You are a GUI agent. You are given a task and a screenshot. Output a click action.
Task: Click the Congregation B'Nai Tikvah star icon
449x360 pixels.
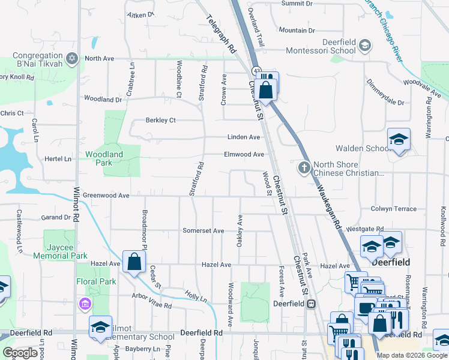[72, 58]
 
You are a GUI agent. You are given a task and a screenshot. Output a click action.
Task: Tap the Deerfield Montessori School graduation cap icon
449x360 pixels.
[364, 45]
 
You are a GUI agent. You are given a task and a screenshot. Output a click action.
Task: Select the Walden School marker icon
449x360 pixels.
[398, 140]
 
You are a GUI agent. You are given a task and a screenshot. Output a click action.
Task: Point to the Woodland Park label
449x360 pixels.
[104, 158]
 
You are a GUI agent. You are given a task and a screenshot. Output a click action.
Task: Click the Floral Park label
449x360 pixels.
[96, 281]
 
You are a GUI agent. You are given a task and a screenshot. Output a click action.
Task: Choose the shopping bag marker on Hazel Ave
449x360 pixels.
[134, 262]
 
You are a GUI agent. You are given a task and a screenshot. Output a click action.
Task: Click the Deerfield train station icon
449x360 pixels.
[311, 304]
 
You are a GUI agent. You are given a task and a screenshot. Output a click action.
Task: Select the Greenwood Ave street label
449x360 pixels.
[106, 196]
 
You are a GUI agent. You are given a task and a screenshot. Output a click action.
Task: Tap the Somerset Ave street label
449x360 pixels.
[203, 230]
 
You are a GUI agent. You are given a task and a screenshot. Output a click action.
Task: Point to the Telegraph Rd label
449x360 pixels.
[222, 33]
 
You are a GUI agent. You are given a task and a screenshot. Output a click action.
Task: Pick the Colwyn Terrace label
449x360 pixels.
[393, 209]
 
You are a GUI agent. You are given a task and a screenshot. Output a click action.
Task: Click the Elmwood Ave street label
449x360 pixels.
[244, 154]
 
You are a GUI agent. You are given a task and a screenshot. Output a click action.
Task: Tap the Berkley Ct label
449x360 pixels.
[160, 120]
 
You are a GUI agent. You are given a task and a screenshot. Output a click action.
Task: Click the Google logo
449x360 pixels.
[20, 353]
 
